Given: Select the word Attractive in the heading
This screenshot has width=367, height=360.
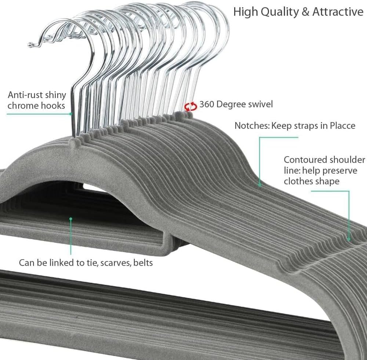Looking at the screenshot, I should pyautogui.click(x=338, y=12).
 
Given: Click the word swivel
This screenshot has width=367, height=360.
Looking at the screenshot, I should pyautogui.click(x=259, y=104).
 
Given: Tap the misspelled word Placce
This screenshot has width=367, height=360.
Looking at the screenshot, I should pyautogui.click(x=341, y=126).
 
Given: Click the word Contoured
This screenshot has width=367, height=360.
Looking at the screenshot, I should pyautogui.click(x=305, y=160).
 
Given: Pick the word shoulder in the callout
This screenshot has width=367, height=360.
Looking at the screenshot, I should pyautogui.click(x=348, y=160).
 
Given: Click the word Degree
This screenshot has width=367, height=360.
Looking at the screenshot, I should pyautogui.click(x=232, y=104).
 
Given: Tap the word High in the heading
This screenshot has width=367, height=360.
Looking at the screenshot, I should pyautogui.click(x=245, y=12).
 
